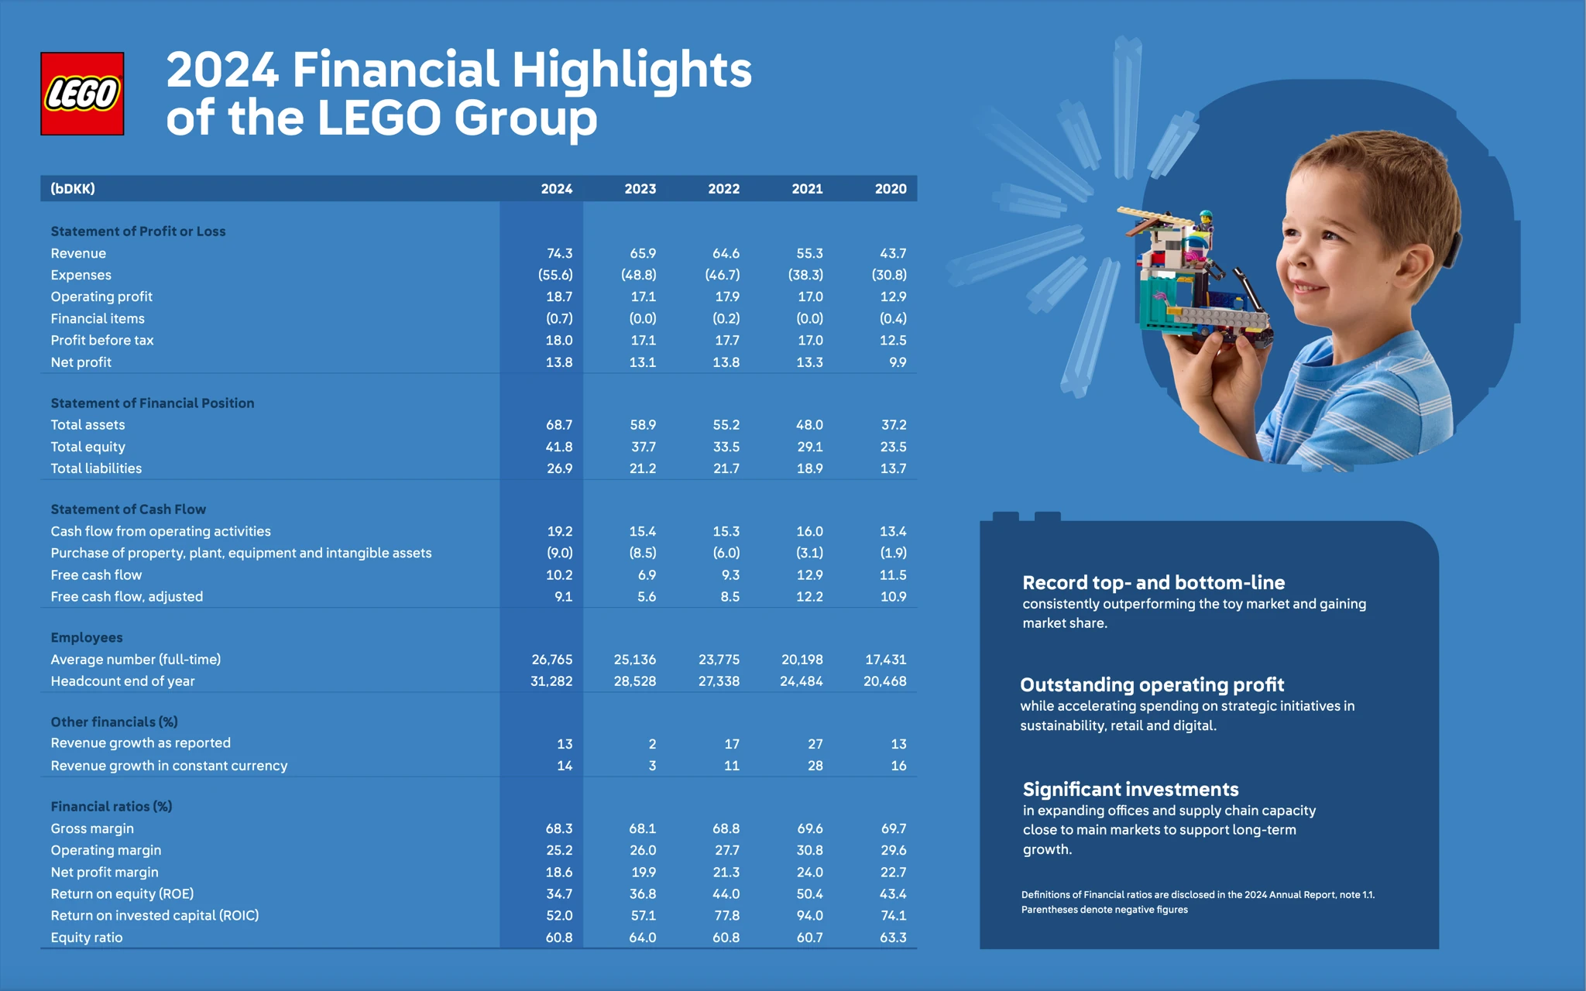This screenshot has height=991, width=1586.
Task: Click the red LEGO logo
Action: click(x=82, y=94)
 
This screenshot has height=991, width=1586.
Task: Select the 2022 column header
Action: click(x=723, y=189)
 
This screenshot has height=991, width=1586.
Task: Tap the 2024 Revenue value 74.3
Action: click(x=559, y=253)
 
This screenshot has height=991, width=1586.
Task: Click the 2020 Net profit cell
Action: click(x=898, y=362)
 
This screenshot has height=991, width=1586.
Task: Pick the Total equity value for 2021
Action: click(x=809, y=447)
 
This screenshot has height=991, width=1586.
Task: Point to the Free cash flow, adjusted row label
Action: click(x=127, y=597)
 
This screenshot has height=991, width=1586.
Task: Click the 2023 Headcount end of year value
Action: click(x=634, y=681)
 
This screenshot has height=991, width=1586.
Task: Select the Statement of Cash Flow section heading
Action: click(x=129, y=509)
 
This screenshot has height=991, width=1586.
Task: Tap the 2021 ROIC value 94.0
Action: click(x=809, y=915)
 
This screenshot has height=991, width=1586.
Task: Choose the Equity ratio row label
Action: click(x=87, y=938)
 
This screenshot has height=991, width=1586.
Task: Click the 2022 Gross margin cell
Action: click(x=726, y=828)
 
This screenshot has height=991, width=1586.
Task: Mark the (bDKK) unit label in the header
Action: click(x=73, y=189)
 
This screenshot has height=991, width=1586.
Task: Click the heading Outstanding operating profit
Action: click(x=1152, y=685)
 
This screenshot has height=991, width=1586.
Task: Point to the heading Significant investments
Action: click(x=1131, y=790)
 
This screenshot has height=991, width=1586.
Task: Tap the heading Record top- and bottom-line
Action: click(x=1153, y=583)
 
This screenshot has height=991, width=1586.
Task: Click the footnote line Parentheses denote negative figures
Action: click(x=1104, y=910)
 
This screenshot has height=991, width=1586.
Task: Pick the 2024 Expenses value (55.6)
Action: click(x=555, y=275)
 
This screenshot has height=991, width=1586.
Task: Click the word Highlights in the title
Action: click(x=631, y=70)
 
